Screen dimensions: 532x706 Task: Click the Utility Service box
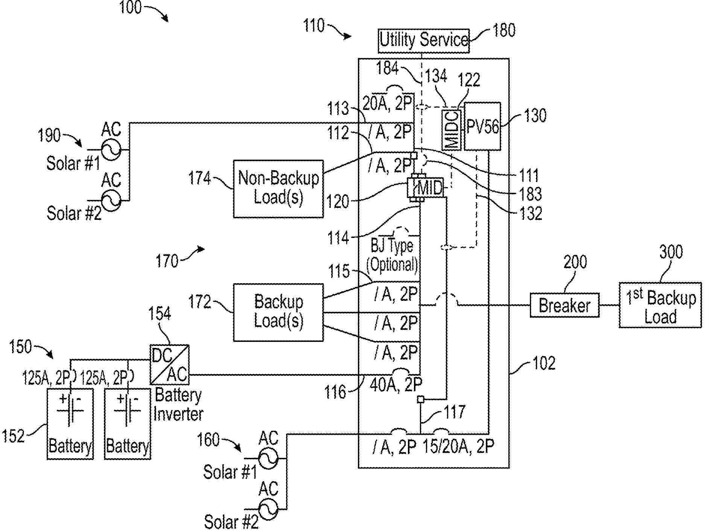pyautogui.click(x=424, y=40)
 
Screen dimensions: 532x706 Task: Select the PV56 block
pyautogui.click(x=482, y=127)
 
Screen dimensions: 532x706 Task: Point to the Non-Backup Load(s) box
pyautogui.click(x=278, y=189)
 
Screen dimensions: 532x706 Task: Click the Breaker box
pyautogui.click(x=564, y=305)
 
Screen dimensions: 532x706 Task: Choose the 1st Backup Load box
pyautogui.click(x=660, y=305)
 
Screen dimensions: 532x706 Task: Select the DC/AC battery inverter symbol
pyautogui.click(x=169, y=364)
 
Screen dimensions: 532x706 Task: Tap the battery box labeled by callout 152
pyautogui.click(x=70, y=424)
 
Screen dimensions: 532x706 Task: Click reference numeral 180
pyautogui.click(x=504, y=30)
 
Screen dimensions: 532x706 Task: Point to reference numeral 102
pyautogui.click(x=544, y=363)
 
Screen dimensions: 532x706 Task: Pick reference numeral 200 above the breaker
pyautogui.click(x=575, y=262)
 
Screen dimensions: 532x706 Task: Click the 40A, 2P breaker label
pyautogui.click(x=396, y=384)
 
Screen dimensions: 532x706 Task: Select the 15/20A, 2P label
pyautogui.click(x=458, y=446)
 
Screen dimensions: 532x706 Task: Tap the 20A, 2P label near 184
pyautogui.click(x=388, y=103)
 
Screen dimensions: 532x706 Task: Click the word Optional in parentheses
pyautogui.click(x=392, y=265)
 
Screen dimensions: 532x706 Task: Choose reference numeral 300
pyautogui.click(x=671, y=252)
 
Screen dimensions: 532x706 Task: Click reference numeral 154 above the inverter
pyautogui.click(x=160, y=313)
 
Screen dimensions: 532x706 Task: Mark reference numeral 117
pyautogui.click(x=455, y=412)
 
